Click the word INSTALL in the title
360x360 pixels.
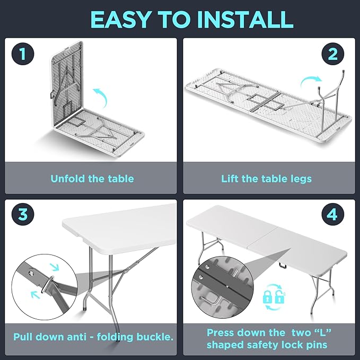[x=245, y=19]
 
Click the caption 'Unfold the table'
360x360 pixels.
[x=92, y=179]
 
